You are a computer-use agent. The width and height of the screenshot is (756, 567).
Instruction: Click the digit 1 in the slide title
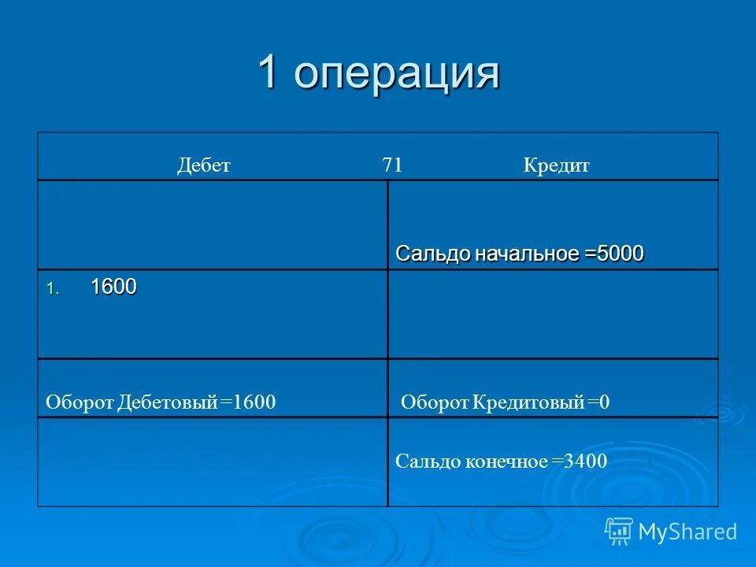coord(268,72)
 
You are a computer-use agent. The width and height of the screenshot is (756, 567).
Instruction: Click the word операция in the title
coord(398,74)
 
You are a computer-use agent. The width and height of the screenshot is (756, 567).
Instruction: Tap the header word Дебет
coord(203,166)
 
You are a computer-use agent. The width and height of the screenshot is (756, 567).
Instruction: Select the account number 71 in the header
coord(392,165)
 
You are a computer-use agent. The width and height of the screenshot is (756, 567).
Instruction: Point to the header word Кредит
coord(556,166)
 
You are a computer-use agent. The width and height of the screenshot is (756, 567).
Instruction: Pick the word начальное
coord(526,254)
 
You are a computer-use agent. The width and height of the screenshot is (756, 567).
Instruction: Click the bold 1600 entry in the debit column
coord(113,287)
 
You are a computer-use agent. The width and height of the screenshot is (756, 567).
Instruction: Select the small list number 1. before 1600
coord(50,290)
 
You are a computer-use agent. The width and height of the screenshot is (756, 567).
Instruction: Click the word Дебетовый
coord(167,403)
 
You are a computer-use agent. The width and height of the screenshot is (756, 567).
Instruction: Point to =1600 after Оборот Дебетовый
coord(248,403)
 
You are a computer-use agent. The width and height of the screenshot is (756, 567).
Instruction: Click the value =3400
coord(580,461)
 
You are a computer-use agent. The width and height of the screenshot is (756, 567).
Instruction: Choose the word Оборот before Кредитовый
coord(435,403)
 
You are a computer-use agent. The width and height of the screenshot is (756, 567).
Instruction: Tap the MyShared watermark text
coord(687,532)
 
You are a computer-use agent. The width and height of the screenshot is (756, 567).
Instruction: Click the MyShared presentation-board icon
coord(619,531)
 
